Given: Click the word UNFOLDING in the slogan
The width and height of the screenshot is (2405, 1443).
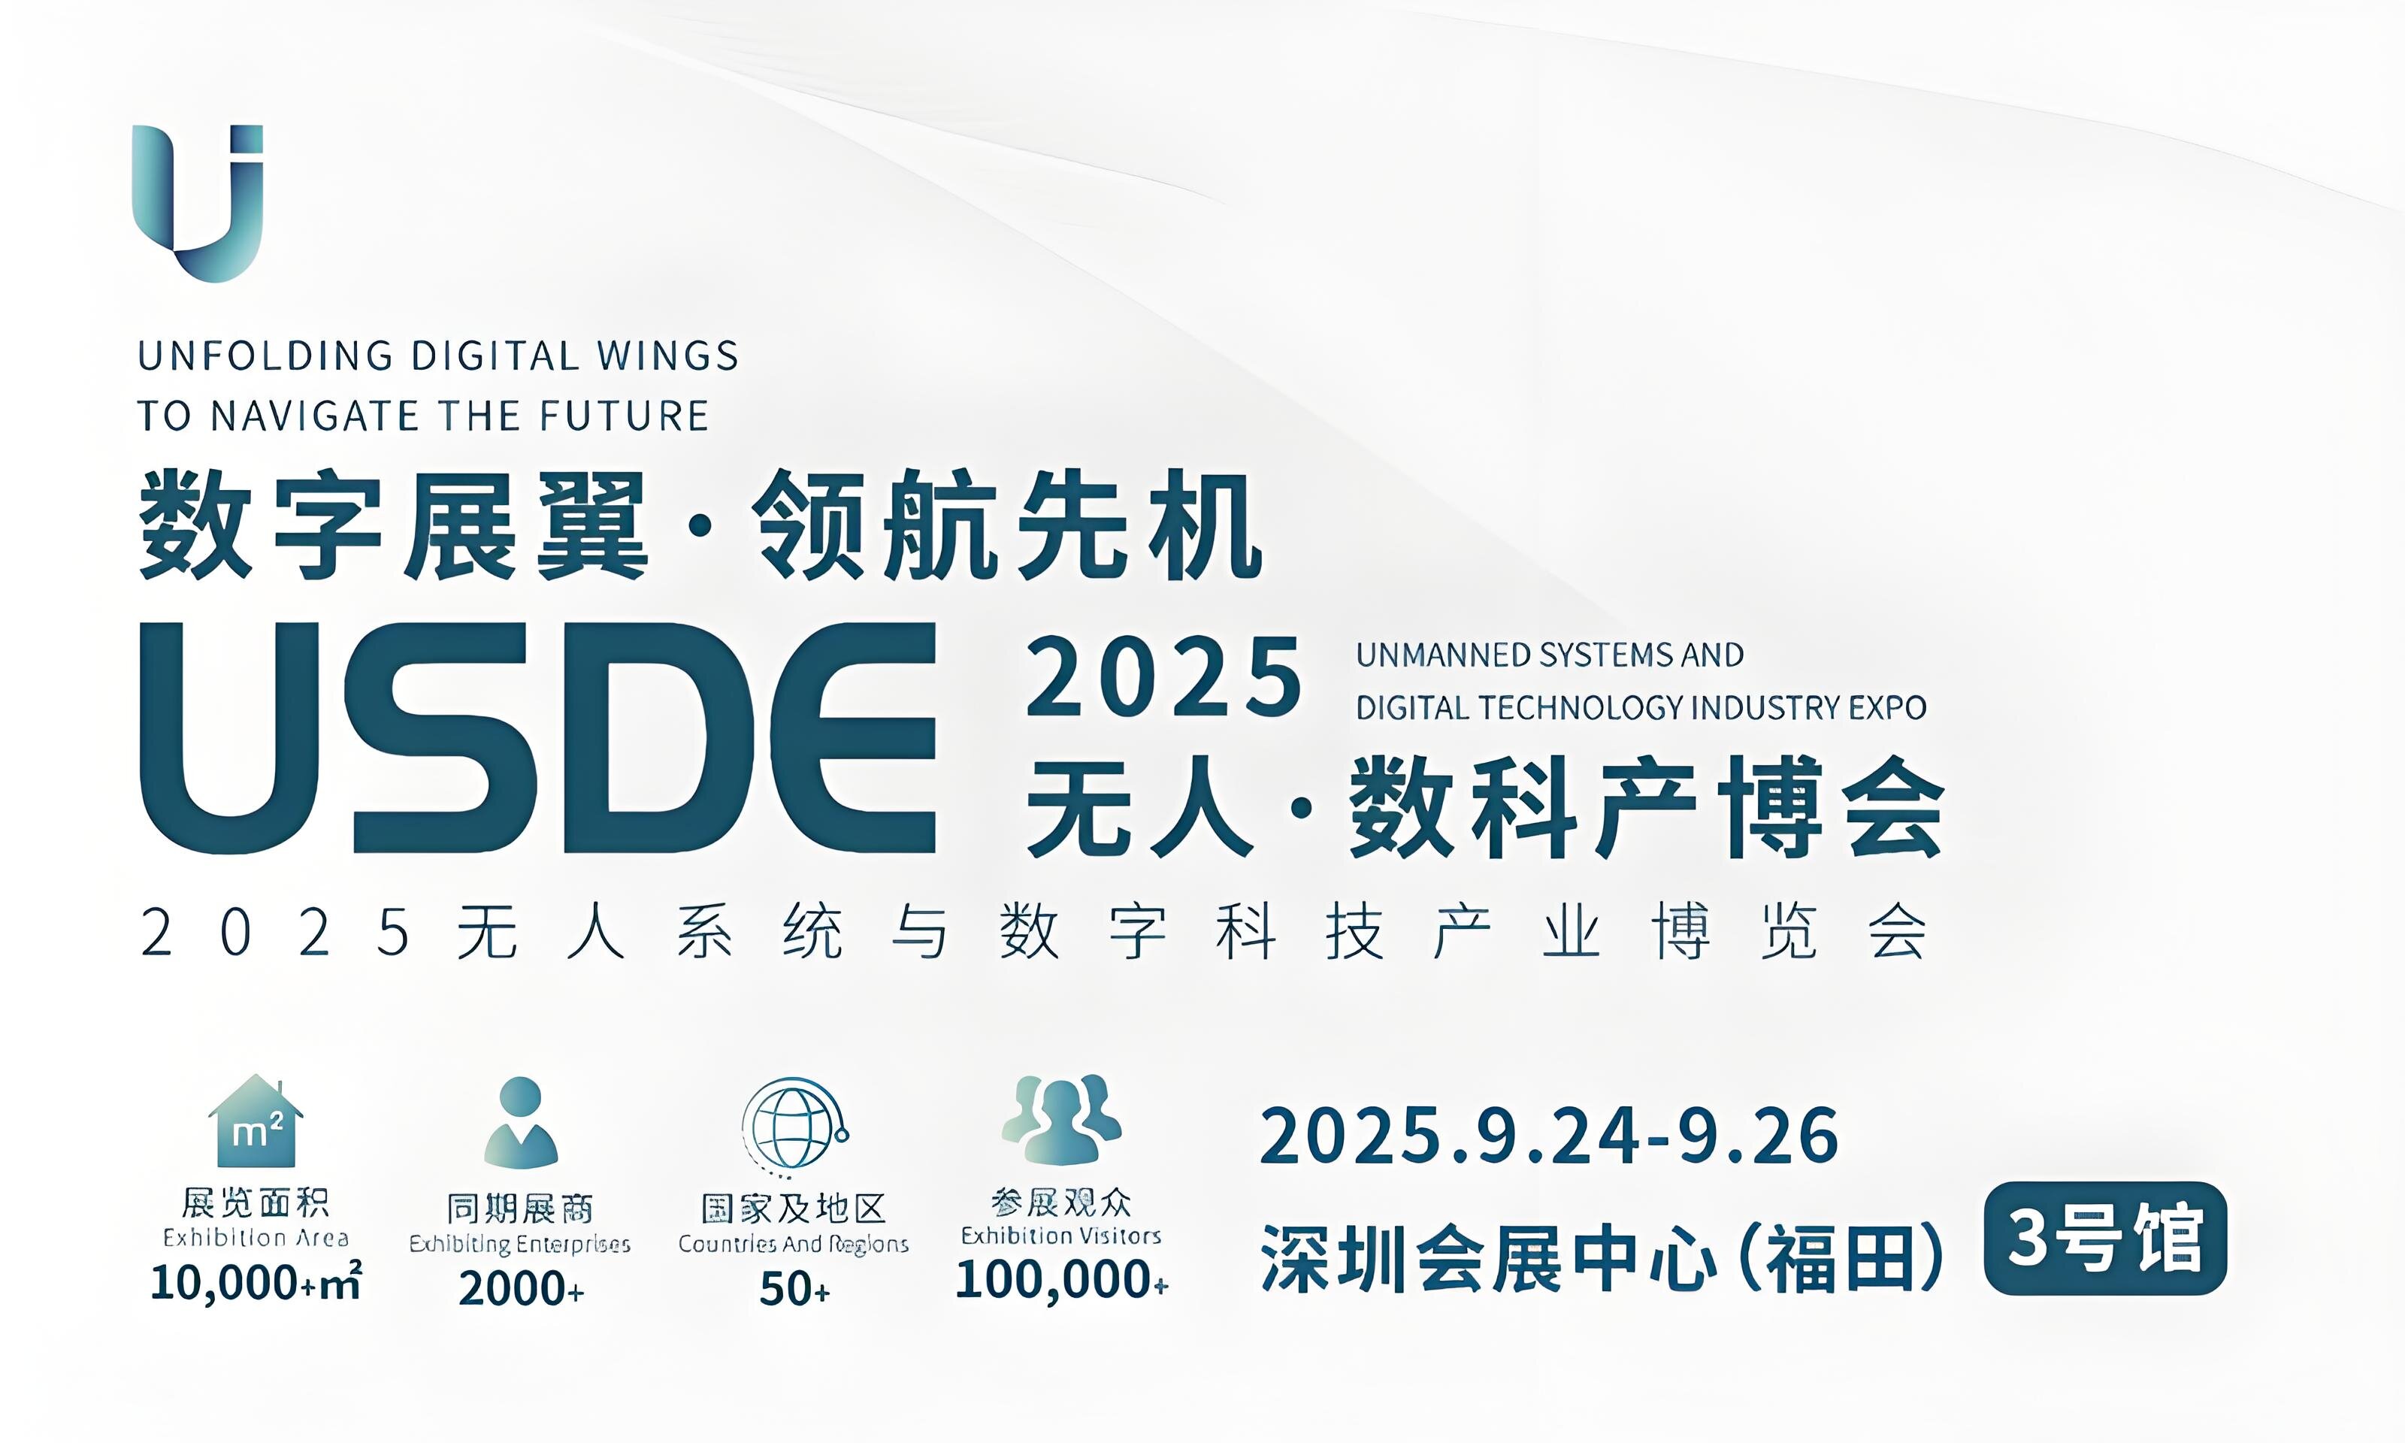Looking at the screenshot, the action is [x=265, y=356].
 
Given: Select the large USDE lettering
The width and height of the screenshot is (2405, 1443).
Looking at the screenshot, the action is [x=537, y=738].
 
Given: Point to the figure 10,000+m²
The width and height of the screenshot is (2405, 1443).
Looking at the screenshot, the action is [x=256, y=1281].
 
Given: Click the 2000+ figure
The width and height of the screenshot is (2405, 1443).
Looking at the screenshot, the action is [x=521, y=1288].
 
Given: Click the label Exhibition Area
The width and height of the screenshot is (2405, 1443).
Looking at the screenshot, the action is [x=256, y=1238].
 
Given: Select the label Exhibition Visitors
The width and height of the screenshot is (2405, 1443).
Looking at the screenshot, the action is [x=1061, y=1236].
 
